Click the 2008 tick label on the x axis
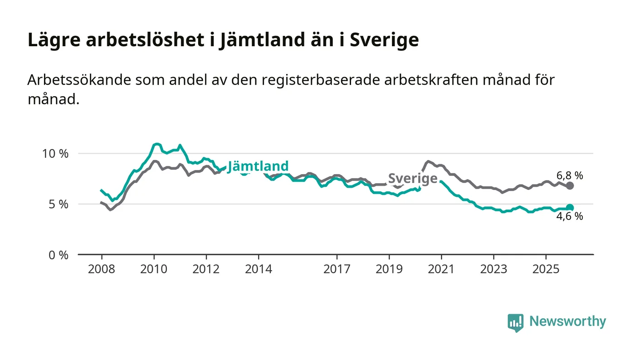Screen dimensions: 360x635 102,269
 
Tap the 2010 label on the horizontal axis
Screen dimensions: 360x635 154,269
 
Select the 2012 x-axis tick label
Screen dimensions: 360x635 206,269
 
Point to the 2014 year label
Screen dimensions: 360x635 259,269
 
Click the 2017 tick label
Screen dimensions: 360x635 337,269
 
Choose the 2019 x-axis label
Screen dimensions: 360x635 389,269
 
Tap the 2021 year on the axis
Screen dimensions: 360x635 441,269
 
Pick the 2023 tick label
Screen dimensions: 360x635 493,269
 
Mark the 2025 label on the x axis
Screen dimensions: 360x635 546,269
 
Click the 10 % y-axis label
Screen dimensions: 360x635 55,153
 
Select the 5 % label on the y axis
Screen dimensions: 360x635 59,204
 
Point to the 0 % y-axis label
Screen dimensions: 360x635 59,255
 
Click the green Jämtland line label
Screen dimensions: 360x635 258,166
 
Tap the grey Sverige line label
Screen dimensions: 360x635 413,179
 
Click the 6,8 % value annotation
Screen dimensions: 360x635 569,175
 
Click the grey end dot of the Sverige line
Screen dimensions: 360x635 570,185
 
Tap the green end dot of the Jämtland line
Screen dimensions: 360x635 570,208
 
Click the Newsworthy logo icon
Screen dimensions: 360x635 515,322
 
